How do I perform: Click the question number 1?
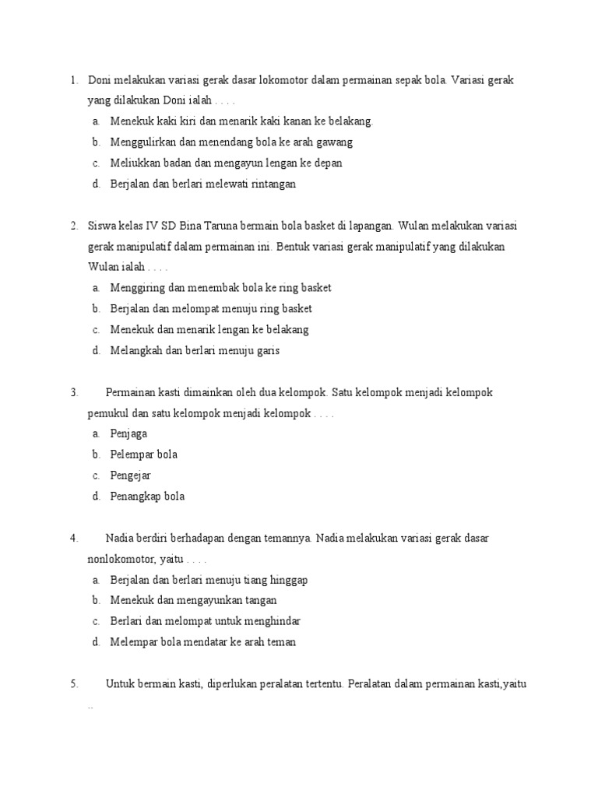[x=72, y=80]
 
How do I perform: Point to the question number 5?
[x=73, y=684]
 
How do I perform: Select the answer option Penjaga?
[x=128, y=434]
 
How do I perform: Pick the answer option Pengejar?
[x=131, y=475]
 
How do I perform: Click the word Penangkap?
[x=137, y=496]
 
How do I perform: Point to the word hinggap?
[x=288, y=580]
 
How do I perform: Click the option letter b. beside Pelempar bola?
[x=95, y=455]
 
